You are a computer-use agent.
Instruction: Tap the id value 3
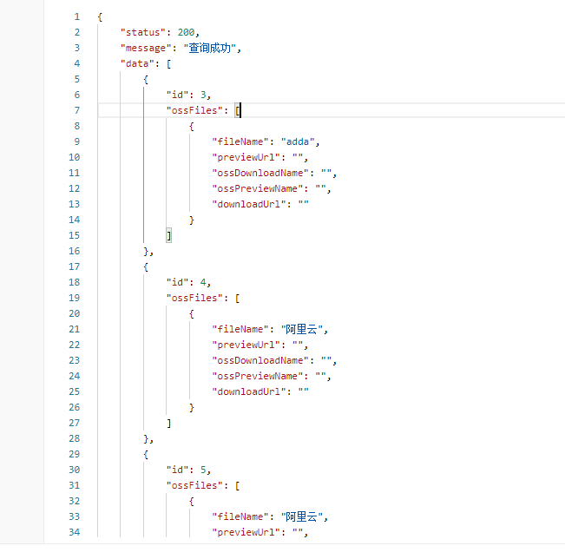pos(203,95)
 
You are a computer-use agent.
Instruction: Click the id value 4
pos(203,282)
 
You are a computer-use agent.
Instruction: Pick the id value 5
pos(203,470)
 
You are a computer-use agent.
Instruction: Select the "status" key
pos(142,32)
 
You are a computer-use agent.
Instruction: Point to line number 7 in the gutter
pos(77,110)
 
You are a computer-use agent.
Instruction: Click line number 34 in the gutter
pos(75,532)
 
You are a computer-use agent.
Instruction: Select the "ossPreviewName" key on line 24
pos(258,376)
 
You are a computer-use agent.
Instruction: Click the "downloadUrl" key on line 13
pos(249,204)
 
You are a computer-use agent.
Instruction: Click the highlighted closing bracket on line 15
pos(169,235)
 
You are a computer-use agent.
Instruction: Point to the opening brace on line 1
pos(101,16)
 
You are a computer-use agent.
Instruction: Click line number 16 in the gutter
pos(75,251)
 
